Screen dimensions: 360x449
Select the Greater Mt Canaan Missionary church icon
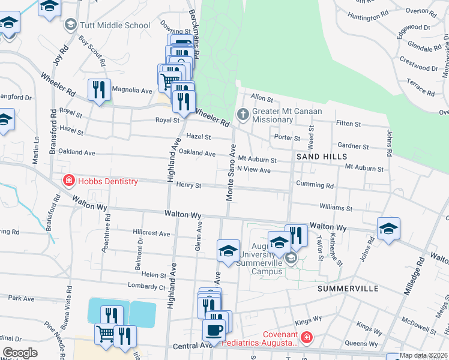243,114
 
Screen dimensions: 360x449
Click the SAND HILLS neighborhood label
321,157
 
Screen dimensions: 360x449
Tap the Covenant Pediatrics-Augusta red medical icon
307,338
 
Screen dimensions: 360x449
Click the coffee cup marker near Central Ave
214,329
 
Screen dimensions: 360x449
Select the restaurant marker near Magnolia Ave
98,90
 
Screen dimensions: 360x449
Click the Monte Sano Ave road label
231,173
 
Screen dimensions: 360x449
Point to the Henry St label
188,185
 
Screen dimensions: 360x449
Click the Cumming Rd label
314,185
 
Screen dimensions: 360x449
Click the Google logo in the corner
20,353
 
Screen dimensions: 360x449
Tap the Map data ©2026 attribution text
424,356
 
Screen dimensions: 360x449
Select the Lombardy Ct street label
146,287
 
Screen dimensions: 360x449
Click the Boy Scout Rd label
92,50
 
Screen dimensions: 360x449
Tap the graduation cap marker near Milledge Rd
388,229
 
